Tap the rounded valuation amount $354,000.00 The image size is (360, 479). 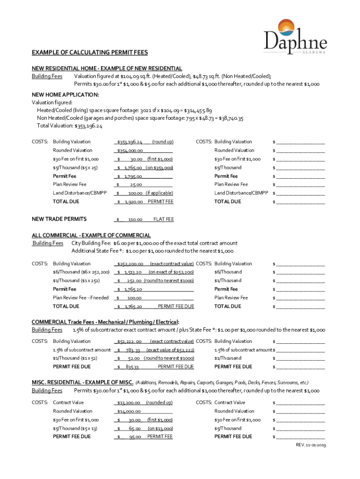(x=130, y=151)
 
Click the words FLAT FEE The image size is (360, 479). (x=164, y=219)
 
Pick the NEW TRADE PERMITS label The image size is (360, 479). (x=59, y=219)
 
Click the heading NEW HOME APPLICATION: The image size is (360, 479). (x=65, y=94)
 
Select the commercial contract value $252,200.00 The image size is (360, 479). (x=130, y=264)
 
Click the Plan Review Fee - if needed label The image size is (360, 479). (x=81, y=298)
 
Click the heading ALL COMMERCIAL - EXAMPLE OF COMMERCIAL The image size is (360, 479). (x=91, y=235)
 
